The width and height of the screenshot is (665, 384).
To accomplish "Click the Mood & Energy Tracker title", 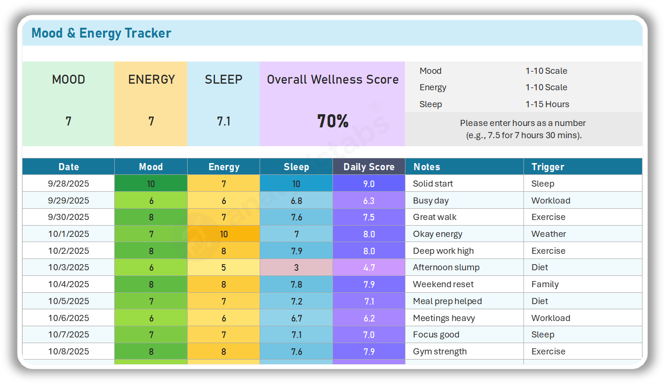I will tap(101, 33).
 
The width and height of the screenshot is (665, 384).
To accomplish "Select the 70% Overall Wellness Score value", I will tap(332, 121).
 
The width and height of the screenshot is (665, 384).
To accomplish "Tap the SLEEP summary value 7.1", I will tap(223, 121).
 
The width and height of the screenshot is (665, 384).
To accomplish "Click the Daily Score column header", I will tap(369, 167).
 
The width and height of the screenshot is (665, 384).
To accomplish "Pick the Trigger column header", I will tap(547, 167).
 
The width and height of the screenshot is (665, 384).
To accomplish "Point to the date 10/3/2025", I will tap(69, 267).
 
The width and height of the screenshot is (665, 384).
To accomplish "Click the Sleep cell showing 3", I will tap(296, 267).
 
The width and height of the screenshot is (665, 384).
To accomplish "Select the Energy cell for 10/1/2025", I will tap(223, 234).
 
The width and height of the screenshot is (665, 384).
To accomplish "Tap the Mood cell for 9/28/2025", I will tap(151, 184).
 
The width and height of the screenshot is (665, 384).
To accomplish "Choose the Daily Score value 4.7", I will tap(369, 267).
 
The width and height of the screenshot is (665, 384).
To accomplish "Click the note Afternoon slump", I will tap(446, 267).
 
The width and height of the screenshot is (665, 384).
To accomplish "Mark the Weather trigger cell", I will tap(548, 234).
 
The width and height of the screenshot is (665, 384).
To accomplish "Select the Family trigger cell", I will tap(545, 284).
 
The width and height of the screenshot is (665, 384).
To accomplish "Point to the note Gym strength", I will tap(440, 352).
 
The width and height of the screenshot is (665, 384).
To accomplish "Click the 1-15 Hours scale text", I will tap(547, 104).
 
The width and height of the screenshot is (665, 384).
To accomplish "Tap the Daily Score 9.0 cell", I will tap(369, 184).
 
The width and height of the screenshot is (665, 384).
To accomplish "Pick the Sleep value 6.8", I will tap(296, 201).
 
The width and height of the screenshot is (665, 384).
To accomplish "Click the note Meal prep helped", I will tap(447, 301).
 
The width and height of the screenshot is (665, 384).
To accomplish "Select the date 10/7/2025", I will tap(69, 335).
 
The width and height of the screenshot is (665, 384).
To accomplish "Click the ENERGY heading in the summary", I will tap(151, 79).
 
